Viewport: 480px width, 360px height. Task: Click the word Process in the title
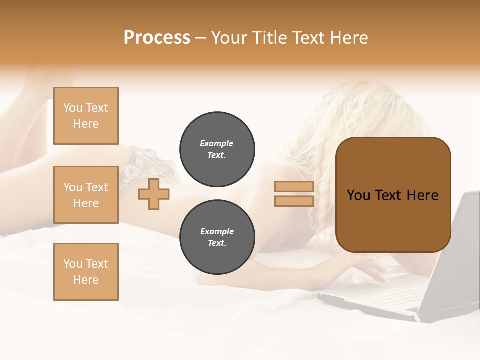pyautogui.click(x=157, y=38)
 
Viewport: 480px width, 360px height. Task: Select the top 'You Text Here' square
pyautogui.click(x=86, y=116)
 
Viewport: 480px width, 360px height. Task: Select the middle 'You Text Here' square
pyautogui.click(x=86, y=195)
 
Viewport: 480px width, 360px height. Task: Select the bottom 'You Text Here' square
pyautogui.click(x=86, y=272)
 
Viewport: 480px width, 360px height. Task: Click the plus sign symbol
pyautogui.click(x=154, y=194)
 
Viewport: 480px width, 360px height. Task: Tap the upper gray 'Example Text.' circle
pyautogui.click(x=217, y=149)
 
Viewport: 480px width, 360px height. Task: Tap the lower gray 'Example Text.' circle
pyautogui.click(x=217, y=237)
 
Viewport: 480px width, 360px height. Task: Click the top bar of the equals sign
pyautogui.click(x=294, y=187)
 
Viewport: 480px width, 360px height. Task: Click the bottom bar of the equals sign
pyautogui.click(x=294, y=201)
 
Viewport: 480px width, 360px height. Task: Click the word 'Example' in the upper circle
pyautogui.click(x=216, y=144)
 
